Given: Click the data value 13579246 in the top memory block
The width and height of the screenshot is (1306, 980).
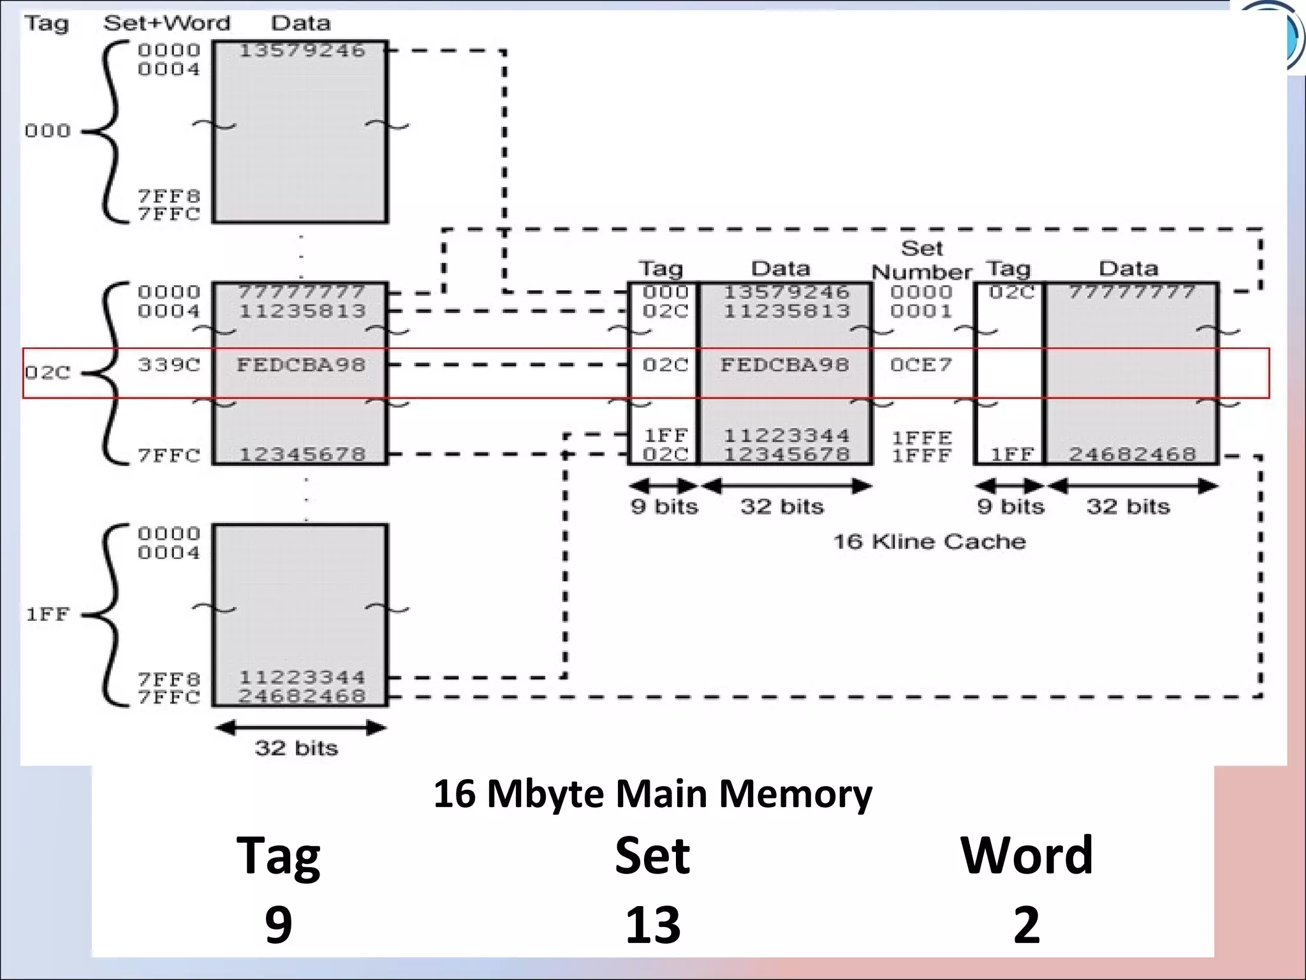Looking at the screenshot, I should [302, 50].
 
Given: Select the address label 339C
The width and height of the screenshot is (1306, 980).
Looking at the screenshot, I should [169, 365].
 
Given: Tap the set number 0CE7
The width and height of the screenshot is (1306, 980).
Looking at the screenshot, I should [921, 365].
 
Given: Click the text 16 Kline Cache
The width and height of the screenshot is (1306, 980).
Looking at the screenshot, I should [929, 542].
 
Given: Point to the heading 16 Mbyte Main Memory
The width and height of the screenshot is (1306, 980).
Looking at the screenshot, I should [652, 794].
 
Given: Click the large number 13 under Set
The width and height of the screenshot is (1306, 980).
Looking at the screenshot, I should [652, 924].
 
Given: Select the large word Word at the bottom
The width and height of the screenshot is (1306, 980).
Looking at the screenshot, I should [1026, 855].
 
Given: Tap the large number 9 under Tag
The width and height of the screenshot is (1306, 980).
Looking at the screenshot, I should [279, 924].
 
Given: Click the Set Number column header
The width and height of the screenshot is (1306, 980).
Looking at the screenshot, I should [921, 260].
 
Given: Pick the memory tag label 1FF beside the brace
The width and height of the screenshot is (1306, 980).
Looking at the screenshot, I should [47, 614].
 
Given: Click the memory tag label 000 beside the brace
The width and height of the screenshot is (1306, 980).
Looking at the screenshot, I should [47, 131].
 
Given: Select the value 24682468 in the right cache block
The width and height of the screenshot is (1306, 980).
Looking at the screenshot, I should [1132, 454].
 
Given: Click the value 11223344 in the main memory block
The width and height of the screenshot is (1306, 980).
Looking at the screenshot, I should [302, 677].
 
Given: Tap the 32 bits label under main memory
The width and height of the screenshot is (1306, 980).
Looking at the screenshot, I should [297, 748].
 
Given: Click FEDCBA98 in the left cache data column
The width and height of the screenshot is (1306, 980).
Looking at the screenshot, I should [785, 365].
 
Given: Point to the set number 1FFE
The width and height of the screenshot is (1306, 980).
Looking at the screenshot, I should [921, 438].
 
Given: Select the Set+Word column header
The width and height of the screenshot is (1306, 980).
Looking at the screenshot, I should [166, 24].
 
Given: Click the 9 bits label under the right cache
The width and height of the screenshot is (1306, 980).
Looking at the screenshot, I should [1011, 507].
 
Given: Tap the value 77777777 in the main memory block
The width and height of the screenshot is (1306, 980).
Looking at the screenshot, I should [302, 292].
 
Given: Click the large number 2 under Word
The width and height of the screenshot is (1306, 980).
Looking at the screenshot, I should [1026, 924].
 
